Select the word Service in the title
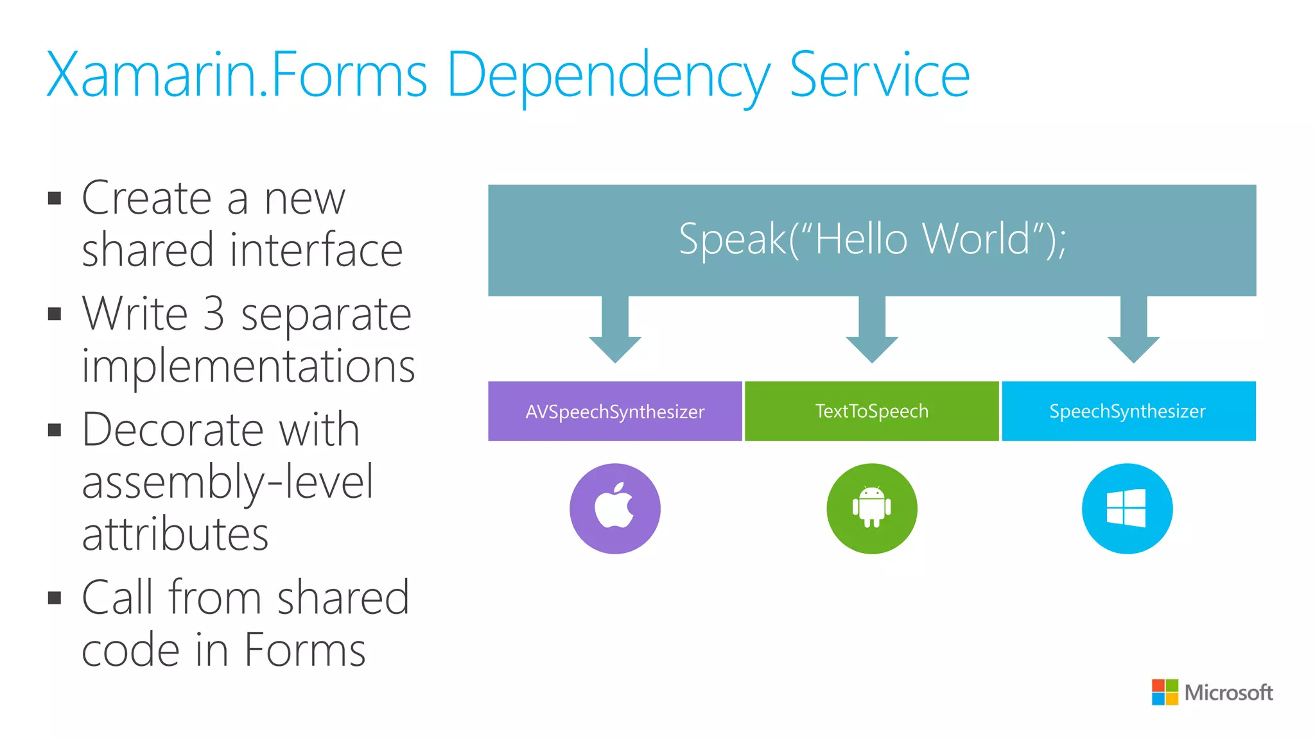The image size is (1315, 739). point(879,76)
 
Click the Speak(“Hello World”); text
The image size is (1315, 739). point(872,239)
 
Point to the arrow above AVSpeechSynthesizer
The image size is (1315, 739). point(615,330)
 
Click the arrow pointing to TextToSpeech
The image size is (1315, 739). point(872,330)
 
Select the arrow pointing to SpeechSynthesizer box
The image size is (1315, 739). point(1133,330)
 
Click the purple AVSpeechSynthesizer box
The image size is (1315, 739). point(615,411)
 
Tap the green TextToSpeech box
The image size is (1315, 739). point(872,411)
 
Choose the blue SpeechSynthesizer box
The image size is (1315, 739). point(1128,411)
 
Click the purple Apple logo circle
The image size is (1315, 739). point(615,509)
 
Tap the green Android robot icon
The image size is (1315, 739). point(872,509)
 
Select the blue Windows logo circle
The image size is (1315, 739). point(1127,509)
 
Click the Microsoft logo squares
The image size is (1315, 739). point(1165,692)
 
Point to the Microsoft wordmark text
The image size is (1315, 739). point(1228,693)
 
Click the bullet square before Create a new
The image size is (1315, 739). point(55,198)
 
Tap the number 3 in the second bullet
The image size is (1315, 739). point(214,314)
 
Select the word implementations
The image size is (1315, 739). point(248,366)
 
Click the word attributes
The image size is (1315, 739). point(175,534)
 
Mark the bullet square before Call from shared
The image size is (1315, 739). point(55,599)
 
